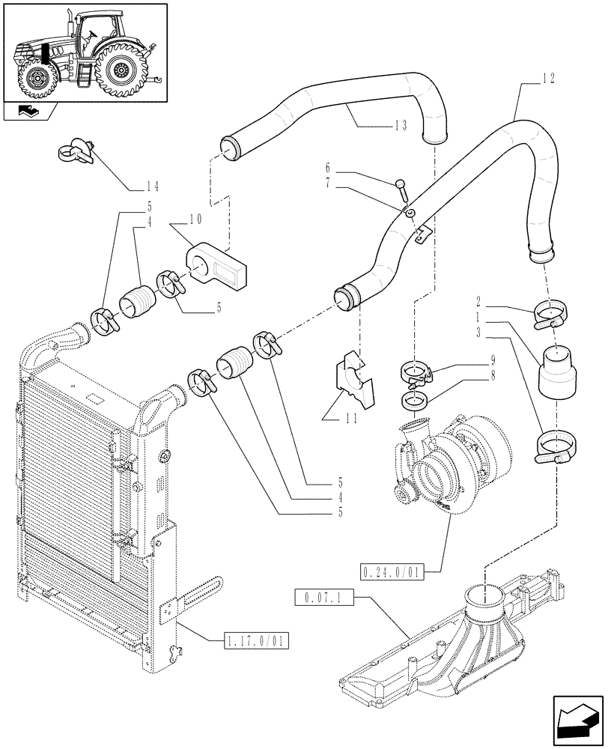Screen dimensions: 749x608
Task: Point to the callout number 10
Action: pyautogui.click(x=195, y=219)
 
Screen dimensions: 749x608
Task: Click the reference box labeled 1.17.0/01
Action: pyautogui.click(x=256, y=641)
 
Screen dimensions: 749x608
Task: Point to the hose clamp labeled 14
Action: pyautogui.click(x=75, y=153)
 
